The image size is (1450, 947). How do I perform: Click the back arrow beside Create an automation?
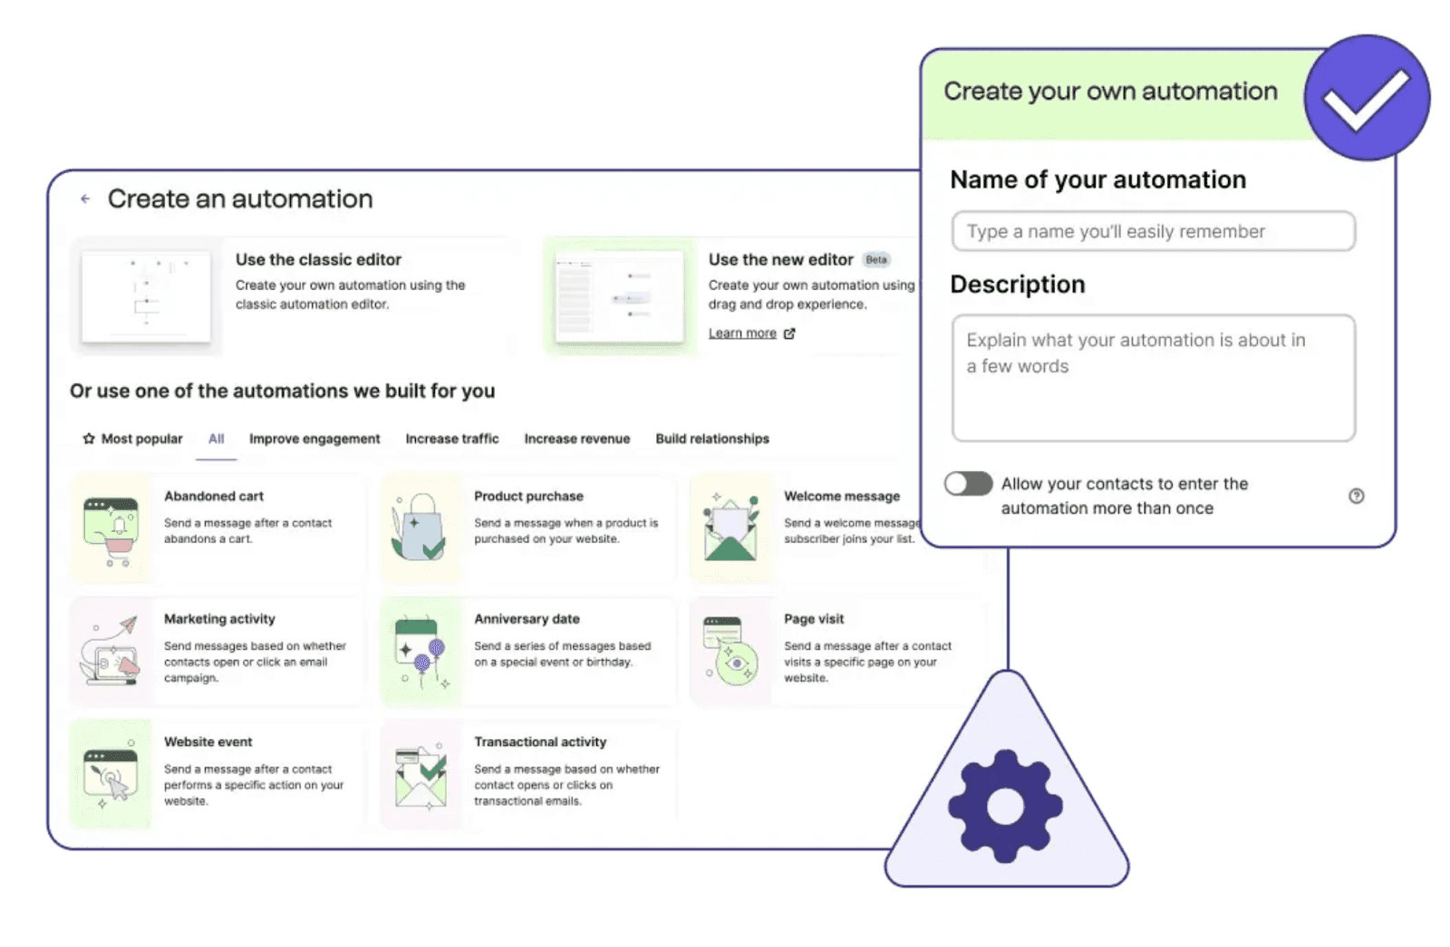85,198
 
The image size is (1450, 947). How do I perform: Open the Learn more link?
742,333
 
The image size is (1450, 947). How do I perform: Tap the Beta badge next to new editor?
875,260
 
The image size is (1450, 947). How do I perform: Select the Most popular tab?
133,439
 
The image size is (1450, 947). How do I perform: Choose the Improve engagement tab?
314,439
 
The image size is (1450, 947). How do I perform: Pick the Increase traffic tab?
451,439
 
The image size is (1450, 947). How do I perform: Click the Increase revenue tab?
576,439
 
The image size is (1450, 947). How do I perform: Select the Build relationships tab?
711,439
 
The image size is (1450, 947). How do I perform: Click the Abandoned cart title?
214,497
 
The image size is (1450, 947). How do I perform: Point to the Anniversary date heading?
527,619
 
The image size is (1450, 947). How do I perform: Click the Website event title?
208,742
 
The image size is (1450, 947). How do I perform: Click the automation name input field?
1153,232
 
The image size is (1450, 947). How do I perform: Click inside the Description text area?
1153,379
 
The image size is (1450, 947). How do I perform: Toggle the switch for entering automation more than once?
968,484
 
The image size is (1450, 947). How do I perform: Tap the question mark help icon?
1356,496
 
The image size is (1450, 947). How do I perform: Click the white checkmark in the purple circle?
1366,98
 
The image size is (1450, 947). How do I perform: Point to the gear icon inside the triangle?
1005,806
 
